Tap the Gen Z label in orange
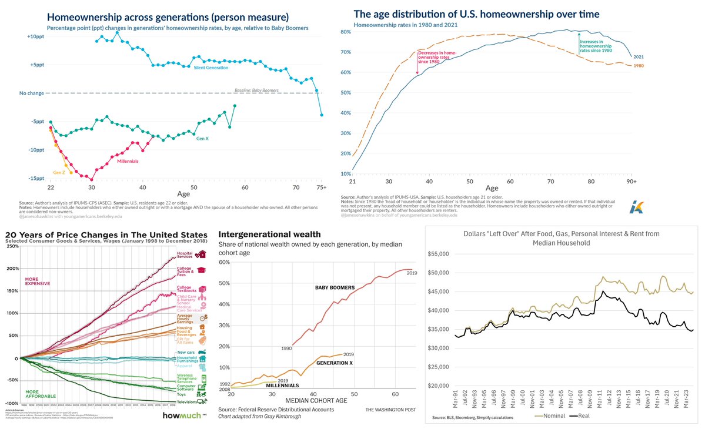(x=59, y=173)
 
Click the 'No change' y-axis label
(x=31, y=93)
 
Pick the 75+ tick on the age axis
(x=322, y=187)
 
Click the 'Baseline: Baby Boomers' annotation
(x=256, y=90)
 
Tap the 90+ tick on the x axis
(x=632, y=182)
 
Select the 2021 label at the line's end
(x=639, y=56)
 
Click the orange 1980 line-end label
(x=639, y=66)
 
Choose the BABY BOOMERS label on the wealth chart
(x=333, y=287)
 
